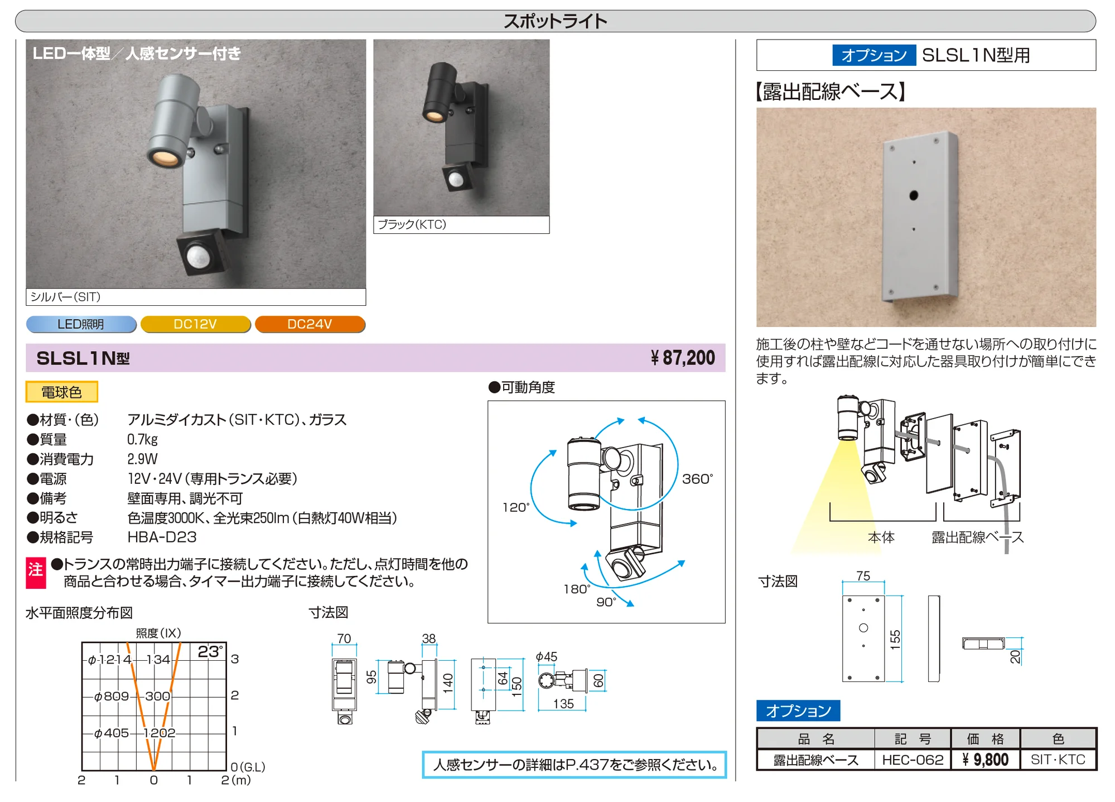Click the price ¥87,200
pyautogui.click(x=683, y=358)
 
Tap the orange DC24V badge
pyautogui.click(x=310, y=324)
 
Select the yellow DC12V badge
pyautogui.click(x=196, y=324)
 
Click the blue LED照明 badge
pyautogui.click(x=81, y=324)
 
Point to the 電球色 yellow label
pyautogui.click(x=62, y=392)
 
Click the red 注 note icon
pyautogui.click(x=36, y=573)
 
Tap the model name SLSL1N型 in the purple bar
pyautogui.click(x=83, y=358)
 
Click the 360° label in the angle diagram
pyautogui.click(x=697, y=479)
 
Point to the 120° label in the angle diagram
pyautogui.click(x=515, y=507)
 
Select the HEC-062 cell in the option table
pyautogui.click(x=913, y=760)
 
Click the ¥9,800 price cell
pyautogui.click(x=986, y=760)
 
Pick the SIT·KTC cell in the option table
pyautogui.click(x=1058, y=760)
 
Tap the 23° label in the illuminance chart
pyautogui.click(x=211, y=652)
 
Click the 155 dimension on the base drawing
pyautogui.click(x=895, y=639)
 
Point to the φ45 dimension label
pyautogui.click(x=546, y=657)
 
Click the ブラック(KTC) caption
pyautogui.click(x=412, y=224)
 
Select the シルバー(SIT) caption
pyautogui.click(x=65, y=297)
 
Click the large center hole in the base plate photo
pyautogui.click(x=914, y=195)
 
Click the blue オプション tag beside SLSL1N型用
pyautogui.click(x=874, y=55)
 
